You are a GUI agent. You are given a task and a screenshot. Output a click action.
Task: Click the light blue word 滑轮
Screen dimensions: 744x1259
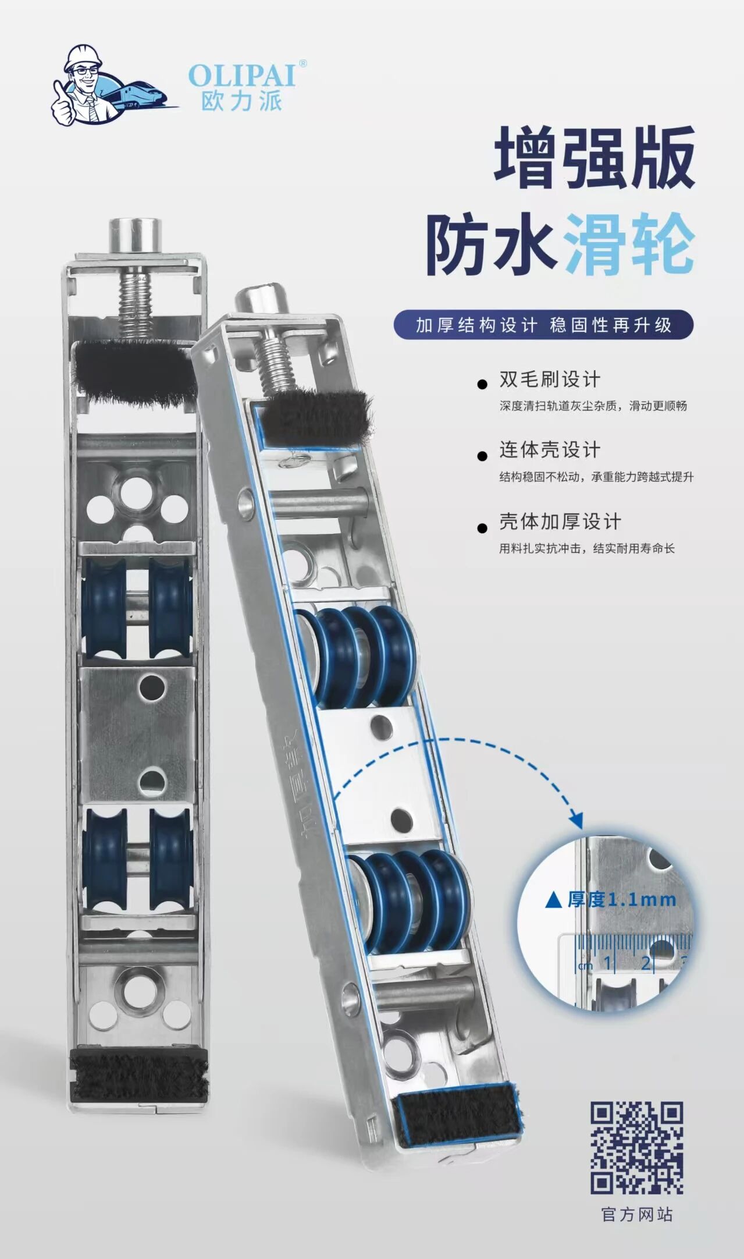tap(629, 244)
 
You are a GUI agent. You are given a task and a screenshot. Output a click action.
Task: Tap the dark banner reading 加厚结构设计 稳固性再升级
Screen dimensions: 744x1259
tap(543, 325)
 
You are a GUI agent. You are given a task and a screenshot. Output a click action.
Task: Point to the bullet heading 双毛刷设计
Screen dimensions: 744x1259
tap(550, 380)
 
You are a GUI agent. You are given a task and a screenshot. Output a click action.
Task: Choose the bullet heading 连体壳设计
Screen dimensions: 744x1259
tap(550, 450)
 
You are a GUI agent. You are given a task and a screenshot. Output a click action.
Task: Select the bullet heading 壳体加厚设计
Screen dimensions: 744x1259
tap(560, 522)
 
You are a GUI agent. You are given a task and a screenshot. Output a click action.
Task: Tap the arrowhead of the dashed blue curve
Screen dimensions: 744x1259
tap(576, 820)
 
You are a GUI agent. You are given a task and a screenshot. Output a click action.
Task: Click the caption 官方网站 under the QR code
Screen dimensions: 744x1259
tap(637, 1215)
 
